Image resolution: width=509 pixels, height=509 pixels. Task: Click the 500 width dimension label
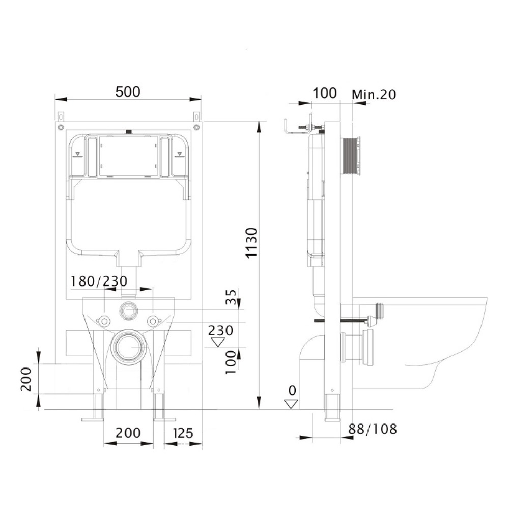point(128,92)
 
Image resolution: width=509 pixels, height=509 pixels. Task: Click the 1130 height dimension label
point(251,243)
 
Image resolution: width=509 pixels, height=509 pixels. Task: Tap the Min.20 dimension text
point(374,95)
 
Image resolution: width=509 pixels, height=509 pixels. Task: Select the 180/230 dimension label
point(99,281)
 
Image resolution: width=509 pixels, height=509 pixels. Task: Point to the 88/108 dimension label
point(373,429)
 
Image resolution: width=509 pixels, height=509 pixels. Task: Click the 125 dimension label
point(183,433)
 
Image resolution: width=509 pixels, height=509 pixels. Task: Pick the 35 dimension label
point(231,297)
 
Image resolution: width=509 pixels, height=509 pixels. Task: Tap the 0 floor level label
point(292,390)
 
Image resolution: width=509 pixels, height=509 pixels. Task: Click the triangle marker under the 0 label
point(291,404)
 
